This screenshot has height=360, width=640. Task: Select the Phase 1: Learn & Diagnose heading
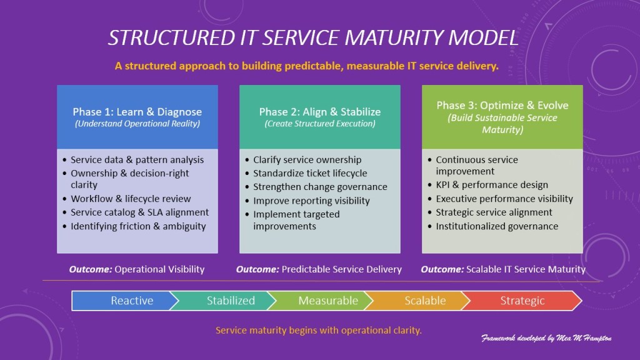tap(137, 112)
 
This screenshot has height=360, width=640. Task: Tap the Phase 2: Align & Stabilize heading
tap(320, 112)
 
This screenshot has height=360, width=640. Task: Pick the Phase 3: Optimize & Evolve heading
tap(502, 105)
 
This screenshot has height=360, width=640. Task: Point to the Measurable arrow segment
tap(328, 301)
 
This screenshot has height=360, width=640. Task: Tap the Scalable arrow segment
tap(425, 301)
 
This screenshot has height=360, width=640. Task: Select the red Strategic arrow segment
tap(522, 301)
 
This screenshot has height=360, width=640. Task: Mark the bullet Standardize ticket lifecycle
tap(310, 173)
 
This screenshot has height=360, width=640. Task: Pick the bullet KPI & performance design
tap(492, 185)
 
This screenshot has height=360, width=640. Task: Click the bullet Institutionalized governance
tap(497, 226)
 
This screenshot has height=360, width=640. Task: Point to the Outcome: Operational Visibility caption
tap(137, 269)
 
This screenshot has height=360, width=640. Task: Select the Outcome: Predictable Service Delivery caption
tap(319, 269)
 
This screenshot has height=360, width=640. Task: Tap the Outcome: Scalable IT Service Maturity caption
tap(503, 269)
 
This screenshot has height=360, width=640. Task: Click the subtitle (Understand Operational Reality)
tap(137, 124)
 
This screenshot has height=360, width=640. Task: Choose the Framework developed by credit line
tap(546, 338)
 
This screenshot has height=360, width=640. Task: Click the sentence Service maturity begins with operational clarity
tap(319, 330)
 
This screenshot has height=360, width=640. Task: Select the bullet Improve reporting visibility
tap(311, 201)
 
